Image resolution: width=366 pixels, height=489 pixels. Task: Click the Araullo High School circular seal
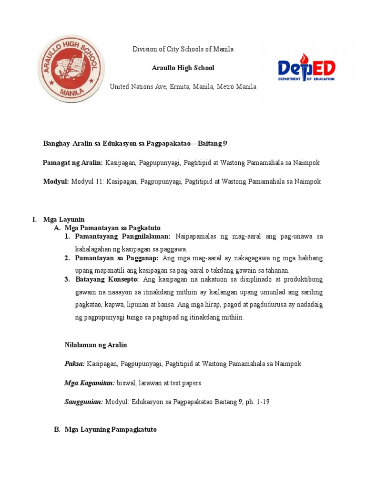tap(70, 68)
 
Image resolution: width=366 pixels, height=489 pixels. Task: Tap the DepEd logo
tap(306, 71)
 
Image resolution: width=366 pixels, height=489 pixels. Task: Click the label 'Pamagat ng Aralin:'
tap(73, 163)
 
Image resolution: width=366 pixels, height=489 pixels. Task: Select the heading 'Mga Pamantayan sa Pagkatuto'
tap(112, 228)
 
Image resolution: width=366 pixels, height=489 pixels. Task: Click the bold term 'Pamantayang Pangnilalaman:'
tap(122, 236)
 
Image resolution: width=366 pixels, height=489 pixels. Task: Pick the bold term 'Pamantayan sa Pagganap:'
tap(117, 258)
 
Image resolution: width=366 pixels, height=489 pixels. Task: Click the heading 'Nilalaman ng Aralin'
tap(96, 345)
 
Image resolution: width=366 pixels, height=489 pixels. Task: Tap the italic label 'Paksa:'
tap(75, 364)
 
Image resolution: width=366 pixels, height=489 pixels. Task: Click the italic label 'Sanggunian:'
tap(84, 402)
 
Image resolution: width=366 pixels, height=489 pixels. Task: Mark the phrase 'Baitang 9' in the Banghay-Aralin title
tap(213, 144)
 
